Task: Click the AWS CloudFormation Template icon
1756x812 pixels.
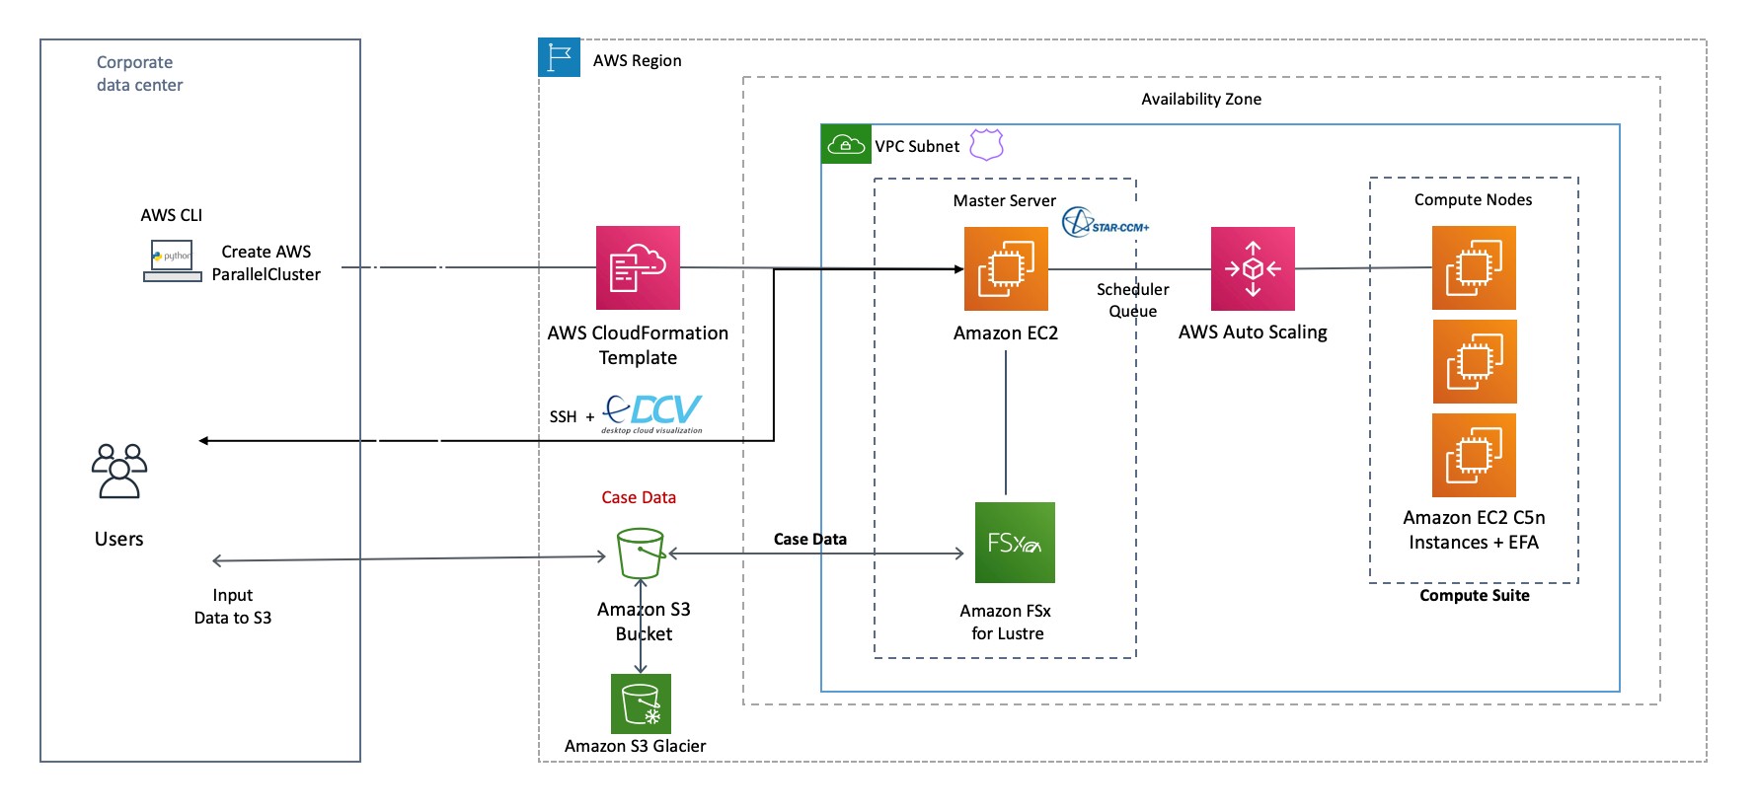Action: point(638,267)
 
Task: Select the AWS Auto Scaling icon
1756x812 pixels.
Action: point(1253,268)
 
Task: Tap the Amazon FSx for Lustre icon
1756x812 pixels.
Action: point(1015,543)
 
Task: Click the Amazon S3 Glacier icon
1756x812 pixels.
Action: point(641,703)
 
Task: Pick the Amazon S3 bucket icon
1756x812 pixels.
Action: point(641,554)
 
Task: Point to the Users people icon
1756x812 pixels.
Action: point(119,471)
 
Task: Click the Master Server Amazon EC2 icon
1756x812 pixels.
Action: point(1006,268)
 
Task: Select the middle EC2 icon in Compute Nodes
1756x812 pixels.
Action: point(1474,361)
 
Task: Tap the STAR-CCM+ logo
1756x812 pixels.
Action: point(1105,223)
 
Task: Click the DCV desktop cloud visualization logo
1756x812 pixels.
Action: point(652,412)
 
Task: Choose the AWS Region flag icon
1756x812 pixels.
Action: point(560,58)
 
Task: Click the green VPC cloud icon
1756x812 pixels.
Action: point(846,145)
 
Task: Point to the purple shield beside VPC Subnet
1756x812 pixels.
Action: point(986,144)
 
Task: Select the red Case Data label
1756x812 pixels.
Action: point(639,497)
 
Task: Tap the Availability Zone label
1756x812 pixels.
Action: point(1200,99)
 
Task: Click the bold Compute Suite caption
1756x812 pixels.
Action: point(1474,595)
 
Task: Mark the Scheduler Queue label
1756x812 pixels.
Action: point(1132,300)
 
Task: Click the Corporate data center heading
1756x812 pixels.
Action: point(139,73)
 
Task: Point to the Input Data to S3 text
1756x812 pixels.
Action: point(232,606)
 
